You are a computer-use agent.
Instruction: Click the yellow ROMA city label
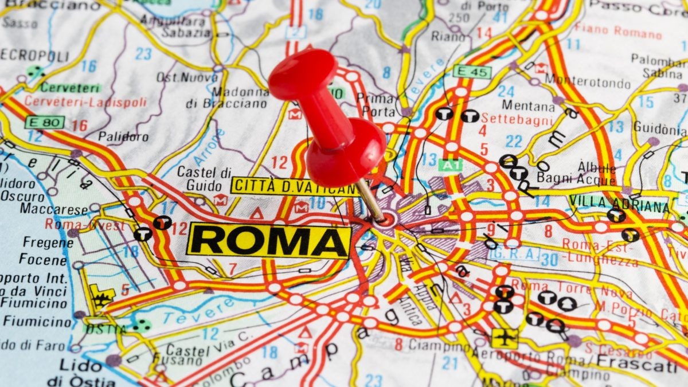pos(268,240)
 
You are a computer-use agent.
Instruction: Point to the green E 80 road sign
pos(44,122)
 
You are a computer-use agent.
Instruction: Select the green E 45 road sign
pos(472,72)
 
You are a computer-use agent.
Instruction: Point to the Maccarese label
pos(54,209)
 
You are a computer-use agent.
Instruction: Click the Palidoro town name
pos(123,136)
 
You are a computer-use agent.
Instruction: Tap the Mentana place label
pos(528,106)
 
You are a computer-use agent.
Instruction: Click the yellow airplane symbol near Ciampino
pos(504,338)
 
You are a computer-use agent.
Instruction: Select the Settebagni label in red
pos(517,119)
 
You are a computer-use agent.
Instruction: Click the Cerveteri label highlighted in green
pos(71,88)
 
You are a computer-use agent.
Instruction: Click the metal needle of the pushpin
pos(371,201)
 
